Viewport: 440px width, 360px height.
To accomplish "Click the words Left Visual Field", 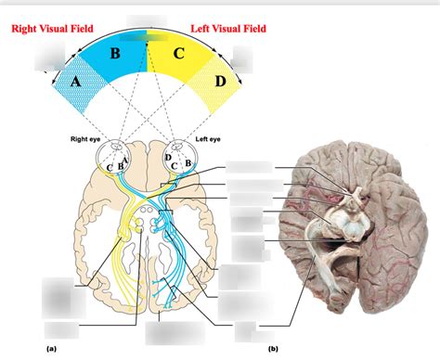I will pyautogui.click(x=228, y=29).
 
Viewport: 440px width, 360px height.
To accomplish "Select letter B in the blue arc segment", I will pyautogui.click(x=115, y=53).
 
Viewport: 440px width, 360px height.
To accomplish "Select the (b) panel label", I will pyautogui.click(x=273, y=350).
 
